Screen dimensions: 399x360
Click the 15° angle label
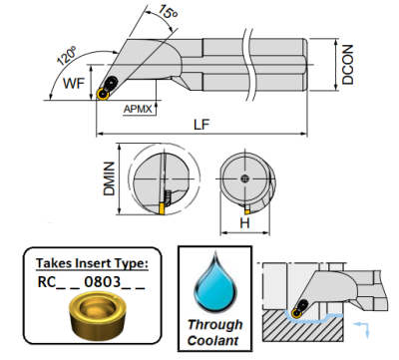(169, 12)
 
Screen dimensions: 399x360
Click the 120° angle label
(67, 56)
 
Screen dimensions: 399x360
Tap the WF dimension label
(74, 83)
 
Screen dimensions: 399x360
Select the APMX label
(138, 109)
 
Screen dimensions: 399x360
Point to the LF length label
(201, 125)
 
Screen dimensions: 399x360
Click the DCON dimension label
(348, 65)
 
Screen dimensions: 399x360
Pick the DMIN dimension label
(109, 179)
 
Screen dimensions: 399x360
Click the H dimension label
(244, 223)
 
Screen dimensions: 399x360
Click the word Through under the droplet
(215, 325)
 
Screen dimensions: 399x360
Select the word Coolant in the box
(213, 341)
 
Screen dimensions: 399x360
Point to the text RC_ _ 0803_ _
(92, 282)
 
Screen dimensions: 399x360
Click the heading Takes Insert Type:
(92, 263)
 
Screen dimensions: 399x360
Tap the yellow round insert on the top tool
(103, 94)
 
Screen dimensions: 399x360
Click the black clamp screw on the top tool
(111, 82)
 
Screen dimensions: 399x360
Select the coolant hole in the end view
(244, 179)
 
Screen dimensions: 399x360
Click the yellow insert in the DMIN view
(162, 208)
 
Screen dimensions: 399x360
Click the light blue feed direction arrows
(361, 329)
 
